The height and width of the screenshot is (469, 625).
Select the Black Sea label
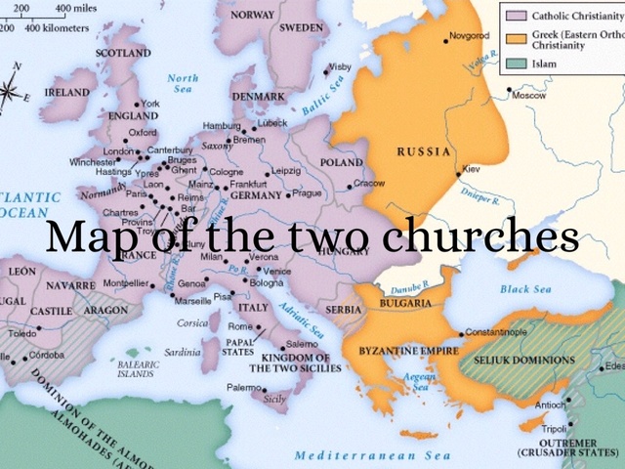pos(525,289)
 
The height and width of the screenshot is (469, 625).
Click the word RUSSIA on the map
pos(423,152)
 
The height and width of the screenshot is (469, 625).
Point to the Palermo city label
pos(244,388)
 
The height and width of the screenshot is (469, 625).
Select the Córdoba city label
pos(46,355)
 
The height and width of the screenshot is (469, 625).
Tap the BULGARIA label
pos(400,303)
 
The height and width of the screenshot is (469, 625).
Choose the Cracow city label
pos(369,183)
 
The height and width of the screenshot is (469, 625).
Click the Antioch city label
pos(551,404)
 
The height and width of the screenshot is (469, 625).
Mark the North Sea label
pos(183,84)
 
